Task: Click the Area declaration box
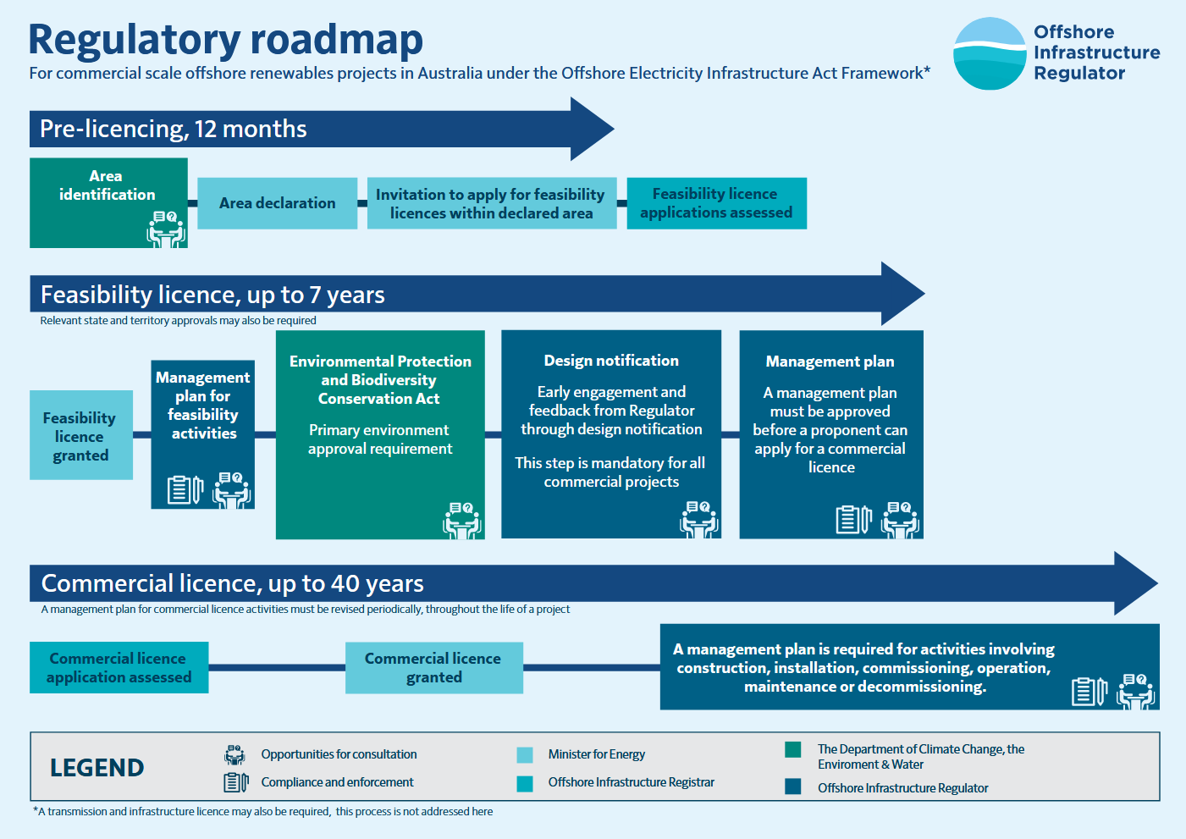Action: click(277, 203)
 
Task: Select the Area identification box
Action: click(108, 202)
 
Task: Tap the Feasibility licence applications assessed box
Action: click(716, 203)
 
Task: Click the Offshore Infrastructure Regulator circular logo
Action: click(989, 53)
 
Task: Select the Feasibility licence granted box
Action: click(81, 435)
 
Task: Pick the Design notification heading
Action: click(611, 361)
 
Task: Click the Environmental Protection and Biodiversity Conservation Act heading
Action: click(380, 379)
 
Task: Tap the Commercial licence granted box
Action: click(433, 667)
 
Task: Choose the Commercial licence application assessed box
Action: click(119, 667)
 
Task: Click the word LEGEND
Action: click(97, 768)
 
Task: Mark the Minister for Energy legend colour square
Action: click(525, 755)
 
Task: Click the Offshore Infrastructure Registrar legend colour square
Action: click(525, 783)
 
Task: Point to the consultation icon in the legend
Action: click(234, 754)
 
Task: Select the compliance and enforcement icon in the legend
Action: click(235, 782)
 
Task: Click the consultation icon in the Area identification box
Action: click(166, 229)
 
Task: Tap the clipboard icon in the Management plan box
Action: click(852, 519)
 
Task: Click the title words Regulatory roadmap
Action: click(226, 40)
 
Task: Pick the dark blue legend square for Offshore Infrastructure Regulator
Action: click(793, 787)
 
